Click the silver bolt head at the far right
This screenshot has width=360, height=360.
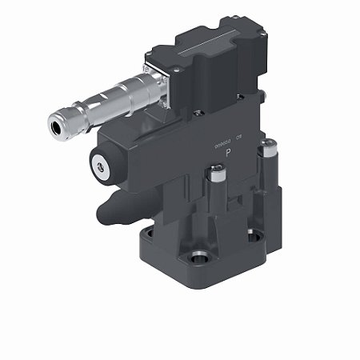pyautogui.click(x=271, y=146)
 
